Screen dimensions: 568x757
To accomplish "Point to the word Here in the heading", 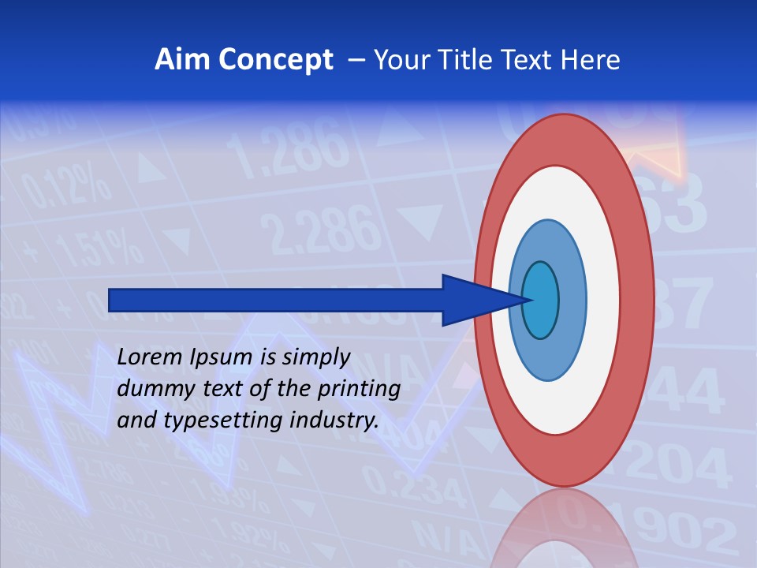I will coord(591,60).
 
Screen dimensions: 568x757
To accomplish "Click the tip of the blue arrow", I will coord(531,300).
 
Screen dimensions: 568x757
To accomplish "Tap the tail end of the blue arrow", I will coord(111,300).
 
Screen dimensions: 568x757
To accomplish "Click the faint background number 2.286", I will coord(319,228).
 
